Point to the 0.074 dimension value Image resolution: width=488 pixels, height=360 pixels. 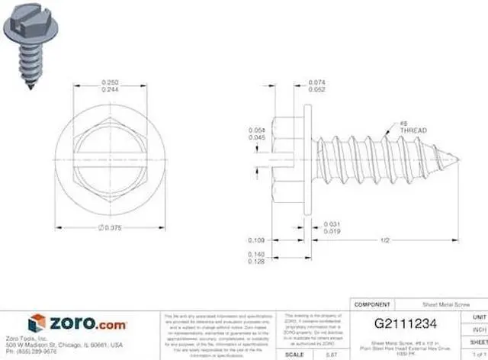pos(317,82)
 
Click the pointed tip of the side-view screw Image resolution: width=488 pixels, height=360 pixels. pos(459,159)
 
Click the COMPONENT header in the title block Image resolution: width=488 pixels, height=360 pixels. pos(373,304)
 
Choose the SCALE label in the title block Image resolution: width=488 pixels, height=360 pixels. pos(294,355)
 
